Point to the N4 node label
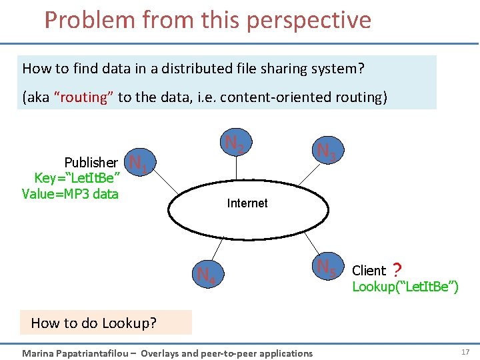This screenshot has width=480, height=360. pyautogui.click(x=206, y=274)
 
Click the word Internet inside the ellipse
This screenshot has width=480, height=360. pyautogui.click(x=247, y=203)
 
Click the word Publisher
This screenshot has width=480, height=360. pyautogui.click(x=91, y=162)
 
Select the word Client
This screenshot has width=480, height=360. pyautogui.click(x=369, y=271)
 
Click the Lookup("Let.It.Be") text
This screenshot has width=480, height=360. pyautogui.click(x=405, y=287)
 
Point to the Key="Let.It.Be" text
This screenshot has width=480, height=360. pyautogui.click(x=77, y=178)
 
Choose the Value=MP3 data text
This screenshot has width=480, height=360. pyautogui.click(x=70, y=194)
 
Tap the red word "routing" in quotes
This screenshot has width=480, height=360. pyautogui.click(x=84, y=97)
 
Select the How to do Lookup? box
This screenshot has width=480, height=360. pyautogui.click(x=105, y=323)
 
